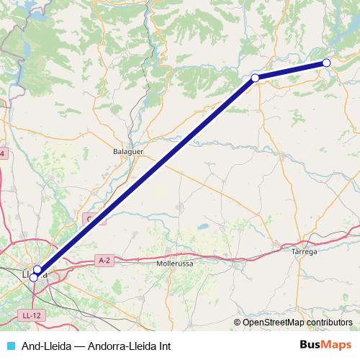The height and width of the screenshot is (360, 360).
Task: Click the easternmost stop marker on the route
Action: coord(326,63)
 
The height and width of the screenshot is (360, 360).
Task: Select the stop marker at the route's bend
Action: coord(255,77)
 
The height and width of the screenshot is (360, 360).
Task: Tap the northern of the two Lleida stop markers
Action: coord(37,269)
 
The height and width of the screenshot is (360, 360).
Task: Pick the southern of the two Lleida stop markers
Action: coord(33,276)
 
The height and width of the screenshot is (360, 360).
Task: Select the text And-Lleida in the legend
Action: coord(42,346)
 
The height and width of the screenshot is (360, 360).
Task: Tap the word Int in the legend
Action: coord(165,346)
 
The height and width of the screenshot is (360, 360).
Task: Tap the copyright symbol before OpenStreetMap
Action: coord(238,323)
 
